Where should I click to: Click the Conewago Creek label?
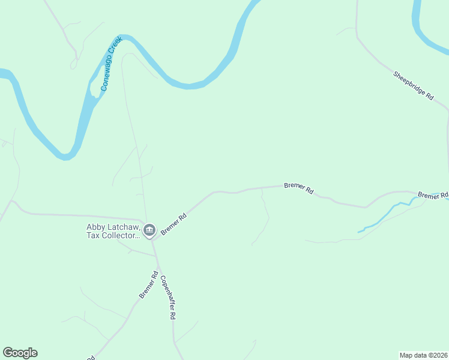click(112, 64)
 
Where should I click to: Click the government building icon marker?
click(149, 230)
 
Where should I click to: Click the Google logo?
click(20, 353)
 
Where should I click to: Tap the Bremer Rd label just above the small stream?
click(433, 196)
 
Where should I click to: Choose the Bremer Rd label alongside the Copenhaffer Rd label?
click(148, 285)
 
